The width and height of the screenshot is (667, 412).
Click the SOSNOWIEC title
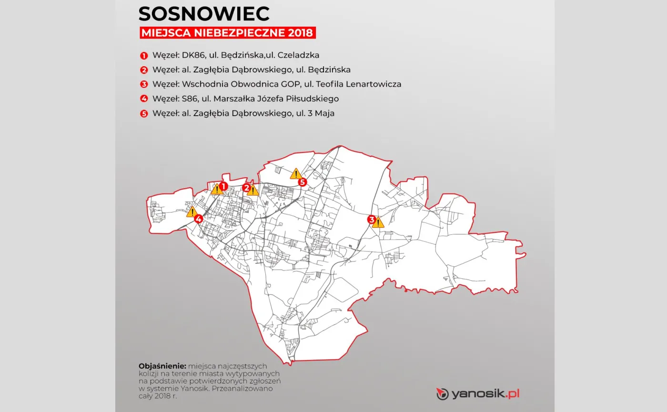(x=204, y=14)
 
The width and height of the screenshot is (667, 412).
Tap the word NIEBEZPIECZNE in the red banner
(x=242, y=33)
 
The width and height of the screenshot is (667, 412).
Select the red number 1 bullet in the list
(x=144, y=55)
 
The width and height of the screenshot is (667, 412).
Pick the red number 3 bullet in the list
(x=144, y=85)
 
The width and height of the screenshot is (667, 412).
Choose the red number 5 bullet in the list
(x=144, y=114)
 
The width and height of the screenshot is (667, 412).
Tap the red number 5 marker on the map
(x=302, y=182)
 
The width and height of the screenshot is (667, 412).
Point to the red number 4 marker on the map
(x=198, y=219)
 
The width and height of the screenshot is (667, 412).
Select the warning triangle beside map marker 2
(x=253, y=191)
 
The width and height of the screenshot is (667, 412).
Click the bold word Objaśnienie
(x=162, y=366)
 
